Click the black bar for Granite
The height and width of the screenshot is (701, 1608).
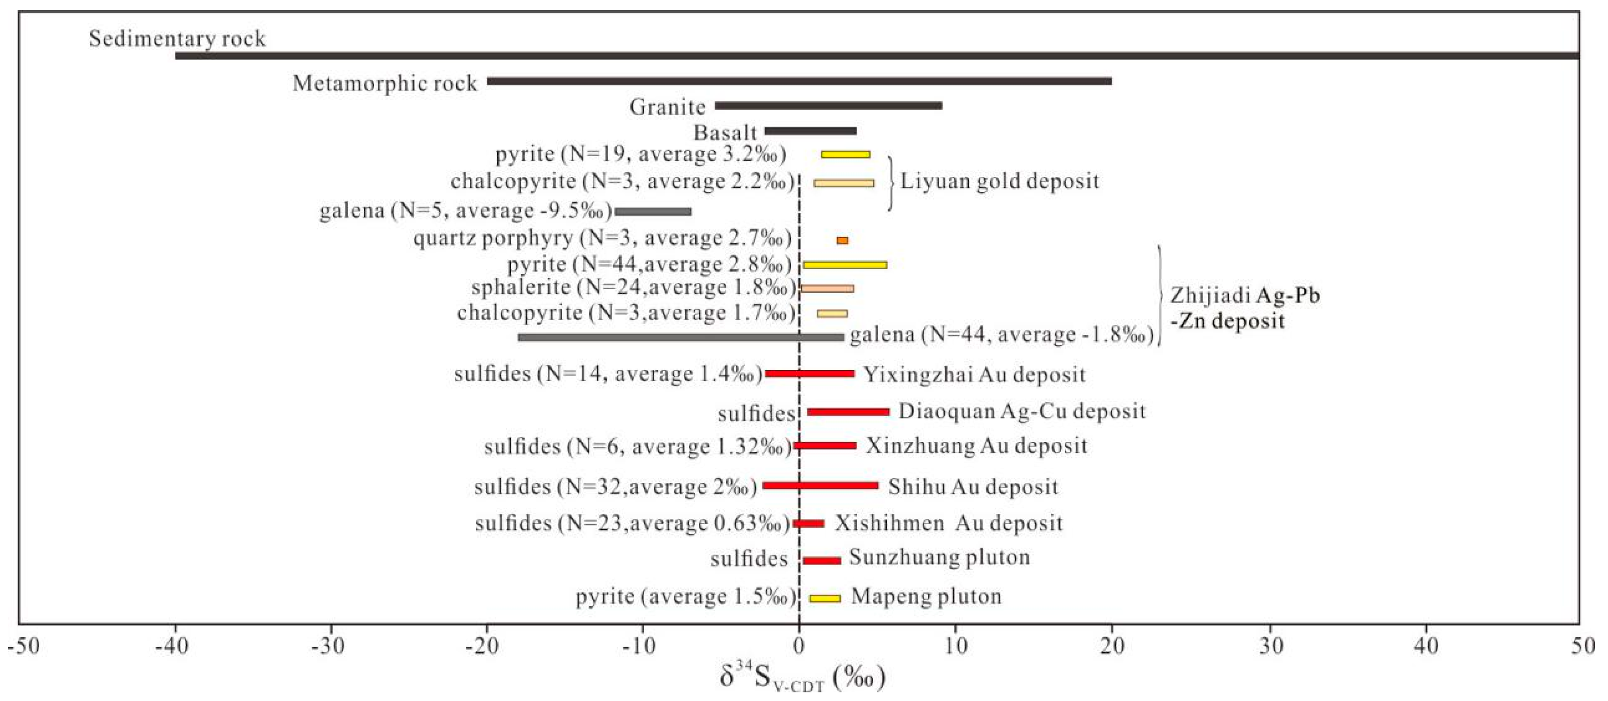828,105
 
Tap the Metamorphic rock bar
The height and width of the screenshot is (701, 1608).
799,81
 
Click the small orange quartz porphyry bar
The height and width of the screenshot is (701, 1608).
842,240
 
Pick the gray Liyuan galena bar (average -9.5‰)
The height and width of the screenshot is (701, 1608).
653,212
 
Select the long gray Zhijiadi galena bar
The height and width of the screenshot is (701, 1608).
681,338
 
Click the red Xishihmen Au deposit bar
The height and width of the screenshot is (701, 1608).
808,524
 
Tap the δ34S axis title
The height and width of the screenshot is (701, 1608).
802,677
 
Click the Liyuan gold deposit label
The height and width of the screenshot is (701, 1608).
999,182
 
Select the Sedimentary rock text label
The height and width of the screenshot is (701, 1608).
177,39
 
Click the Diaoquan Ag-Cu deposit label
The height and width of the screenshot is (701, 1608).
1022,411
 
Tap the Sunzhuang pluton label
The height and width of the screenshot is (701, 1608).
939,557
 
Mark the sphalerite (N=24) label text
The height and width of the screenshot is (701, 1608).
633,288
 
